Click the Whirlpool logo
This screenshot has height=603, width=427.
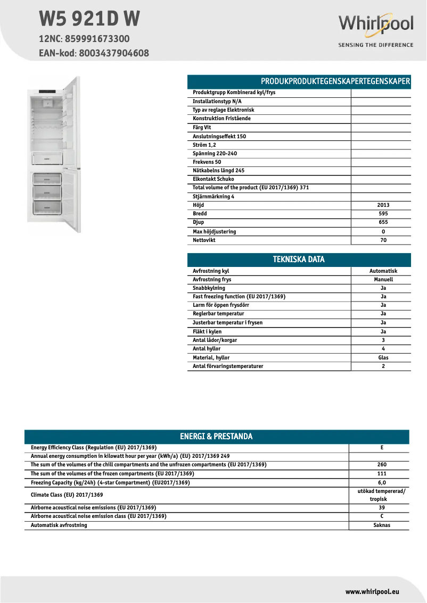(x=376, y=25)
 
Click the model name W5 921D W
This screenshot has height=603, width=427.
(x=89, y=19)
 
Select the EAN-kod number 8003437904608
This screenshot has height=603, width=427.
(x=114, y=53)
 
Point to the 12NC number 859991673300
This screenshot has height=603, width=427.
(x=96, y=39)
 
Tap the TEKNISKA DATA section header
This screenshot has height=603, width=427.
(x=299, y=259)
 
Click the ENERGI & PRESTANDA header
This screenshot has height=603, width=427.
(x=216, y=437)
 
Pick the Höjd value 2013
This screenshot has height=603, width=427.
(x=383, y=205)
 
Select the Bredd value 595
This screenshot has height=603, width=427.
(x=383, y=214)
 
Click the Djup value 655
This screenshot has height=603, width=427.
(x=383, y=222)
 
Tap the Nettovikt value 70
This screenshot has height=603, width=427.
(x=383, y=240)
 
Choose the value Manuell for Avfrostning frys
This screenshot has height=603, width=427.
(x=383, y=279)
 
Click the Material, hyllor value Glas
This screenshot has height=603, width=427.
(x=383, y=358)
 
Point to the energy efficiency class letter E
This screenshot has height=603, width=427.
(x=382, y=448)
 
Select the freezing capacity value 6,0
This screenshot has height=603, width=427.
(x=382, y=482)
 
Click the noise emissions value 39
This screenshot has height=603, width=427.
(x=382, y=508)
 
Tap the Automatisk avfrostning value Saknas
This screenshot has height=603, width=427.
(x=382, y=525)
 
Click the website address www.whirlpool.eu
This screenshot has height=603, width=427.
(x=372, y=591)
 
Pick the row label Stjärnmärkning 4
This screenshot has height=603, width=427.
(x=213, y=196)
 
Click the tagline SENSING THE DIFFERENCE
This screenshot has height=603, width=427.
(x=376, y=45)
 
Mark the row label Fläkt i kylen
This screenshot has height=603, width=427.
(x=207, y=332)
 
